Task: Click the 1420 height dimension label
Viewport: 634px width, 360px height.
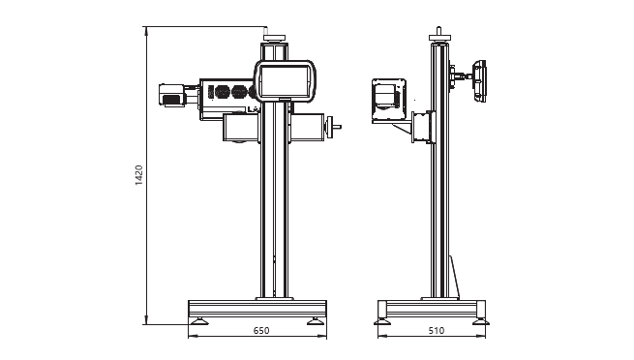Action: click(x=139, y=175)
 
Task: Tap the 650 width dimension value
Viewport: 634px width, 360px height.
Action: click(x=261, y=331)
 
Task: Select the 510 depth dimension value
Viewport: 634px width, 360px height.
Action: click(x=437, y=331)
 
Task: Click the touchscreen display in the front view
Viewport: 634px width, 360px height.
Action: click(x=285, y=81)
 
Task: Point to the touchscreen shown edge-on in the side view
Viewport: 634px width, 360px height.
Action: click(x=479, y=81)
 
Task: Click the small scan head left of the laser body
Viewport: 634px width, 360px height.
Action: click(x=172, y=95)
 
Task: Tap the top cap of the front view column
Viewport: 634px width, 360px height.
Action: click(x=275, y=38)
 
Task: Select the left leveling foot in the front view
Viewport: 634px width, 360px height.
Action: click(x=199, y=321)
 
